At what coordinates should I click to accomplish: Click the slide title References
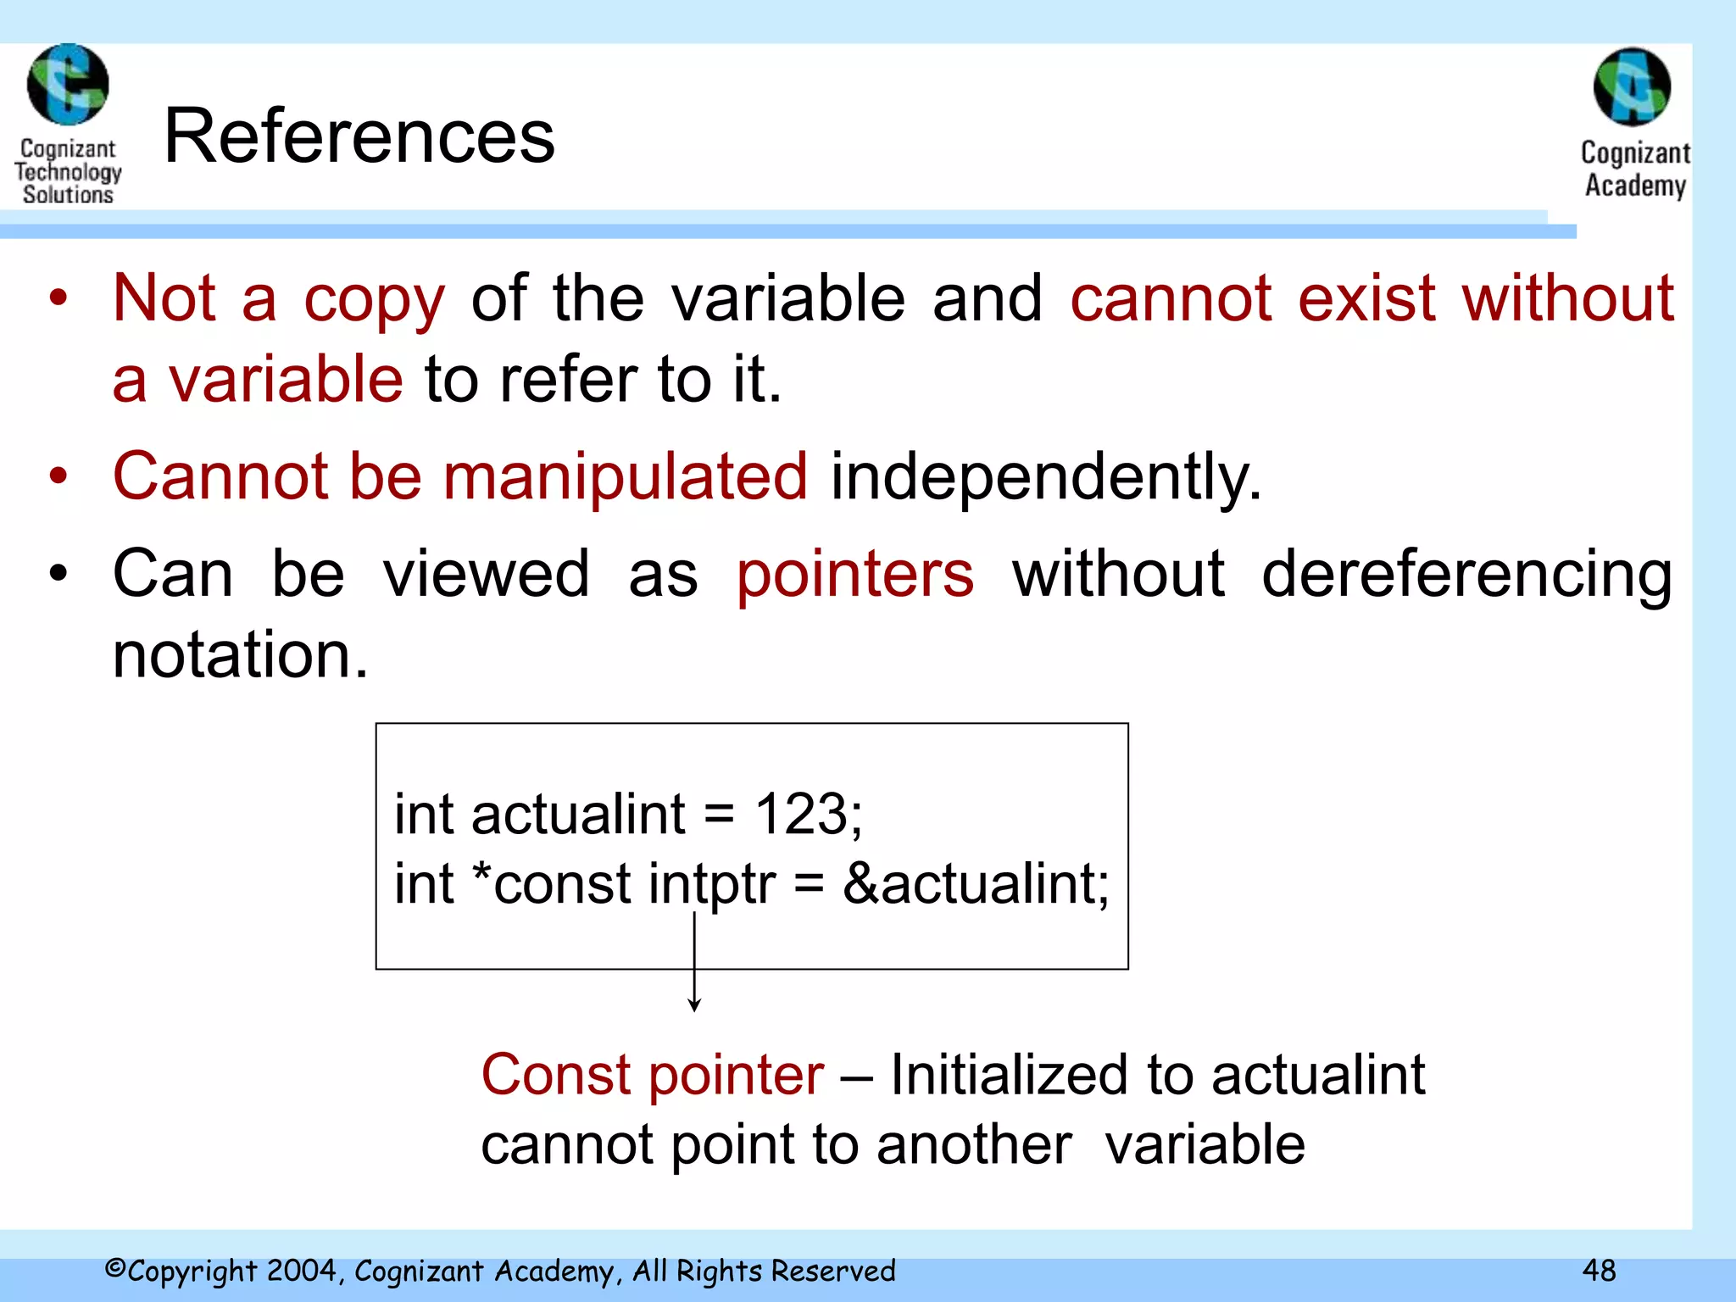click(359, 136)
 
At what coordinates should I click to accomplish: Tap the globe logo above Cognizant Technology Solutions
click(68, 85)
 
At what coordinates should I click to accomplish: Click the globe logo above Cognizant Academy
click(1632, 87)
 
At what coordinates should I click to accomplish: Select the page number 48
click(1599, 1270)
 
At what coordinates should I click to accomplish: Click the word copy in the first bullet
click(374, 300)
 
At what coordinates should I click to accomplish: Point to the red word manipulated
click(625, 476)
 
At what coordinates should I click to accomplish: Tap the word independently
click(1045, 478)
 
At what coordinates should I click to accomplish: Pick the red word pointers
click(855, 574)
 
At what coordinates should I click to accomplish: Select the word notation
click(240, 655)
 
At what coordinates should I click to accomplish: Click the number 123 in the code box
click(801, 814)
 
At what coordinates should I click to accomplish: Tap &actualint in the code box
click(975, 884)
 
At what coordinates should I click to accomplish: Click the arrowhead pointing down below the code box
click(694, 1005)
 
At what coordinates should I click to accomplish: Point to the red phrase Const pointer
click(652, 1075)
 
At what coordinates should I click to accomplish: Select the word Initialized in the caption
click(1009, 1075)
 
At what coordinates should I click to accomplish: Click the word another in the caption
click(974, 1144)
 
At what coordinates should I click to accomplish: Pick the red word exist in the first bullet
click(1366, 298)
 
